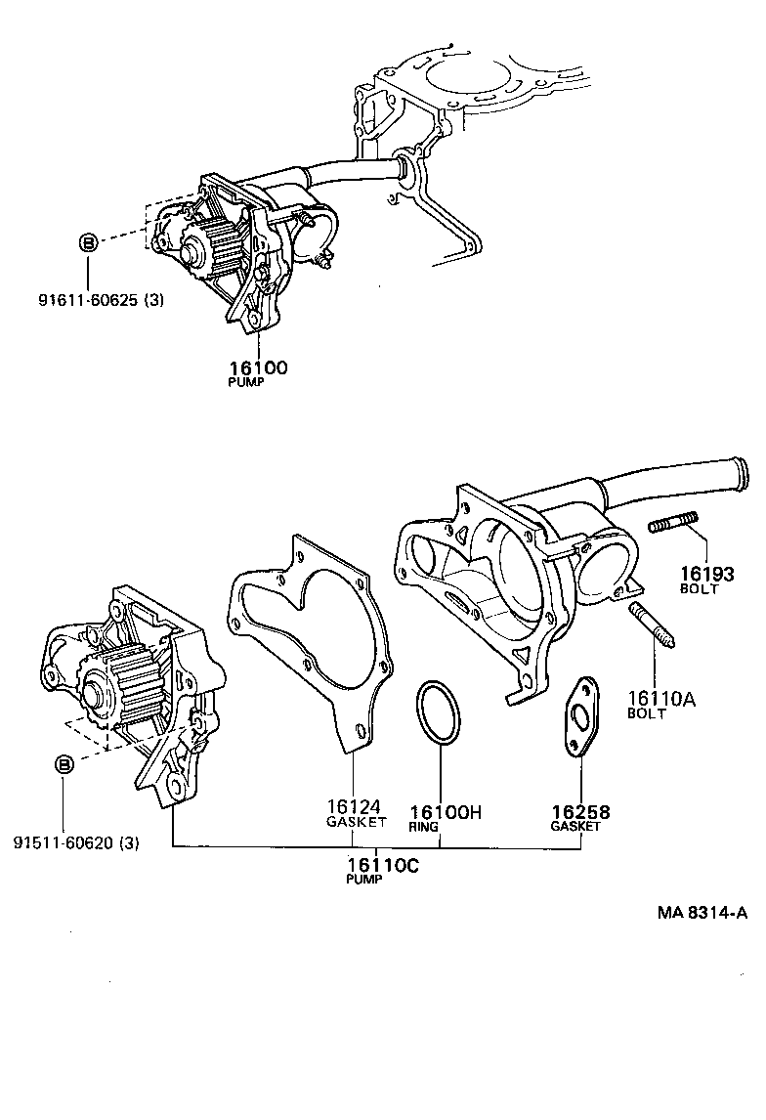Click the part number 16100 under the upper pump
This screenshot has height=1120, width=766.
coord(258,367)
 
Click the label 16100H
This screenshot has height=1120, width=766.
coord(447,812)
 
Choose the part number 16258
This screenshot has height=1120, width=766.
coord(580,812)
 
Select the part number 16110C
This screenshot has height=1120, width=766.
coord(382,864)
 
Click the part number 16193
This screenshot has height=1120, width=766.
coord(699,575)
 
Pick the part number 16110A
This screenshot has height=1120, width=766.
coord(662,699)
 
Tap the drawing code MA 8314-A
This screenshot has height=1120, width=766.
coord(702,913)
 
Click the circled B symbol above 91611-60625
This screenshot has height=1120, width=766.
coord(87,241)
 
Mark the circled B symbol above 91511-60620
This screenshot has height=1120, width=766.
coord(64,764)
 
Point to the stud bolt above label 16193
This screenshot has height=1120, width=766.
coord(673,523)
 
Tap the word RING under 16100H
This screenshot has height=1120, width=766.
coord(424,827)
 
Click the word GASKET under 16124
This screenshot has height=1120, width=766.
coord(356,822)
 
